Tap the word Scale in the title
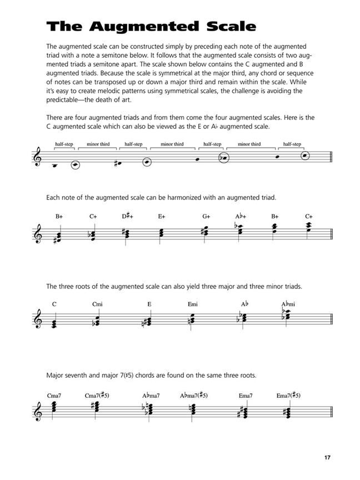tap(230, 26)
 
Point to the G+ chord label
tap(206, 216)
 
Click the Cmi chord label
tap(98, 304)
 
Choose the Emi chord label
tap(193, 304)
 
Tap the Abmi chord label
tap(288, 304)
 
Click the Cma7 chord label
tap(54, 395)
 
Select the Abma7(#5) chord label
tap(193, 395)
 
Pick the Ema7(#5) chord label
tap(289, 395)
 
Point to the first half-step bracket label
tap(64, 144)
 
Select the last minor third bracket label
tap(249, 144)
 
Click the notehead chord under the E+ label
tap(161, 234)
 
